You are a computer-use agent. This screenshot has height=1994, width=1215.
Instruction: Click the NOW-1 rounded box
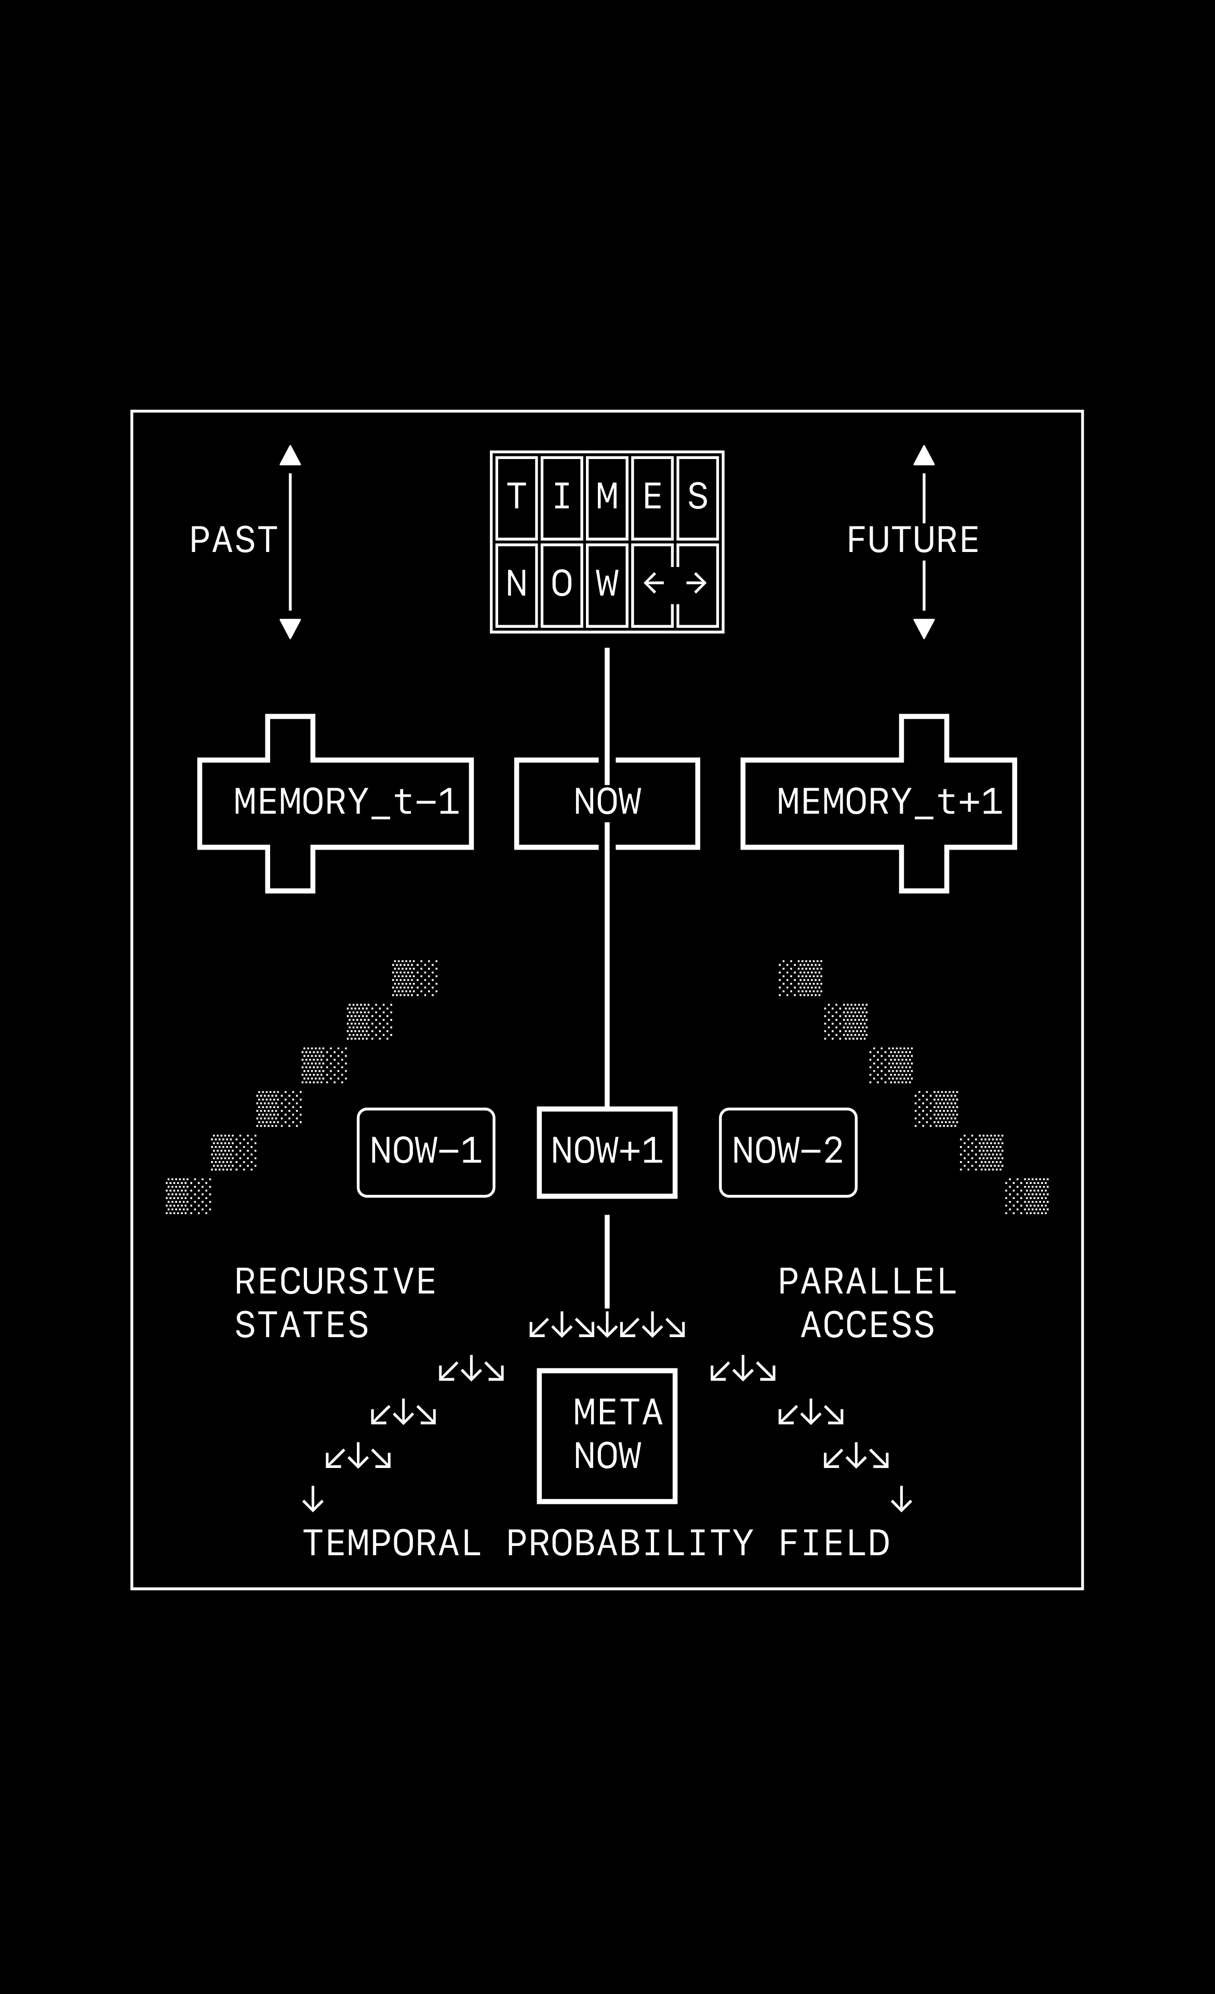point(426,1152)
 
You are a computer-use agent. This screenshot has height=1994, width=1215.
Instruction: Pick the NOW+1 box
point(607,1152)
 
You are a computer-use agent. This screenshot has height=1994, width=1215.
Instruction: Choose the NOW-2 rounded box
point(787,1152)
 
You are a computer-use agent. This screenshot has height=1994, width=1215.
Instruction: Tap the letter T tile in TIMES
point(516,497)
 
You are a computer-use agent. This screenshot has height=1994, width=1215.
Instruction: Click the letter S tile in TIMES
point(698,497)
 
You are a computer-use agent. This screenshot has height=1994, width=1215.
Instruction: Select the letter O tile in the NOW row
point(562,584)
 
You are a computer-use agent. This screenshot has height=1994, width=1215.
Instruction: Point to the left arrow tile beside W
point(652,584)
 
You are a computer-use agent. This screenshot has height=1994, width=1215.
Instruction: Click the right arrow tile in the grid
point(698,584)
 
